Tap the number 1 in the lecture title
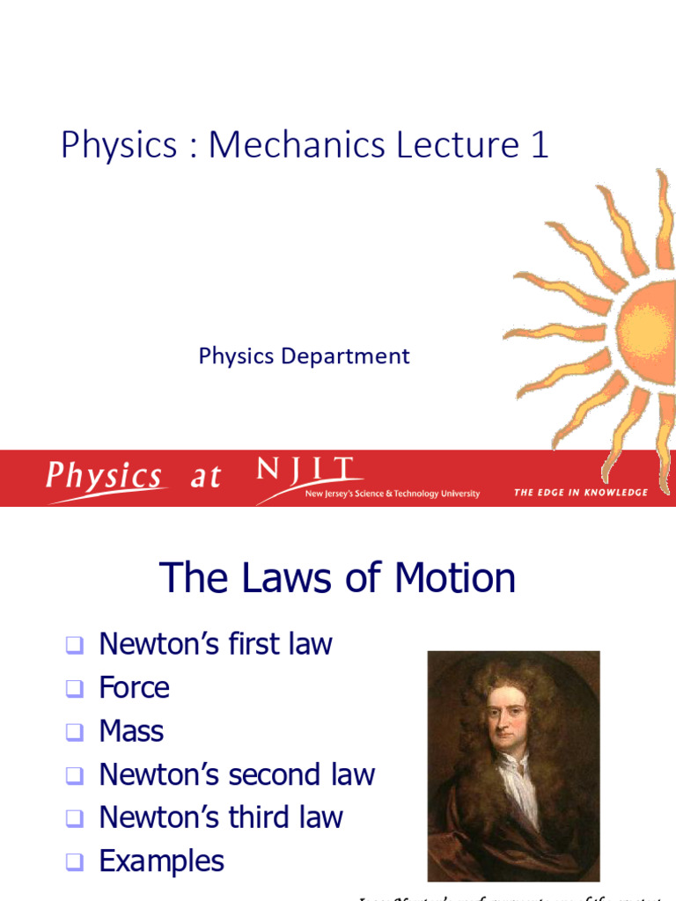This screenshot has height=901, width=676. tap(539, 144)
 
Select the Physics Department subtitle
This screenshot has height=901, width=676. tap(304, 355)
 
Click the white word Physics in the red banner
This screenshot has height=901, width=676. tap(104, 477)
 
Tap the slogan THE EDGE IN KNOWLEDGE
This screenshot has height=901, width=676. tap(580, 492)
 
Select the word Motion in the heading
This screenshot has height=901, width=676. tap(455, 578)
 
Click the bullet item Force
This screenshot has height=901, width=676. tap(134, 687)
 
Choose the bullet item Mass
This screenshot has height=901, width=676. tap(131, 731)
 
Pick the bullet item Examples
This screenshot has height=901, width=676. tap(161, 861)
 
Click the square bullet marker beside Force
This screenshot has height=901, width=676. tap(75, 689)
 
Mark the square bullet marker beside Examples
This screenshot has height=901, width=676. tap(75, 862)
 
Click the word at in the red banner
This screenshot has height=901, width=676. tap(205, 478)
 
